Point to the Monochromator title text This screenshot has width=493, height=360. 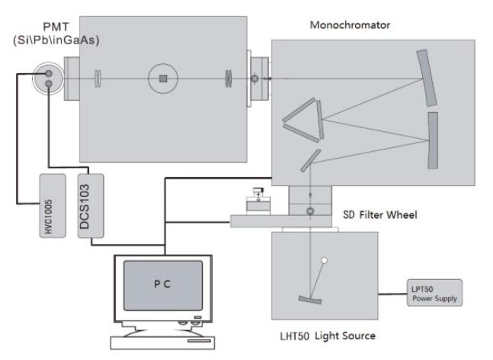tap(350, 25)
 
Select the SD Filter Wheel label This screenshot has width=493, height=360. tap(378, 216)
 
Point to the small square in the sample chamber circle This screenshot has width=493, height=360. tap(162, 78)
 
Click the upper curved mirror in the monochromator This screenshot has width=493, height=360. tap(427, 78)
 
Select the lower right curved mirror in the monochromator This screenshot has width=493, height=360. tap(433, 137)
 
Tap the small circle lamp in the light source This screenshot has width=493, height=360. tap(325, 262)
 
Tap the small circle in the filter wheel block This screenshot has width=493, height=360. tap(310, 209)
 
